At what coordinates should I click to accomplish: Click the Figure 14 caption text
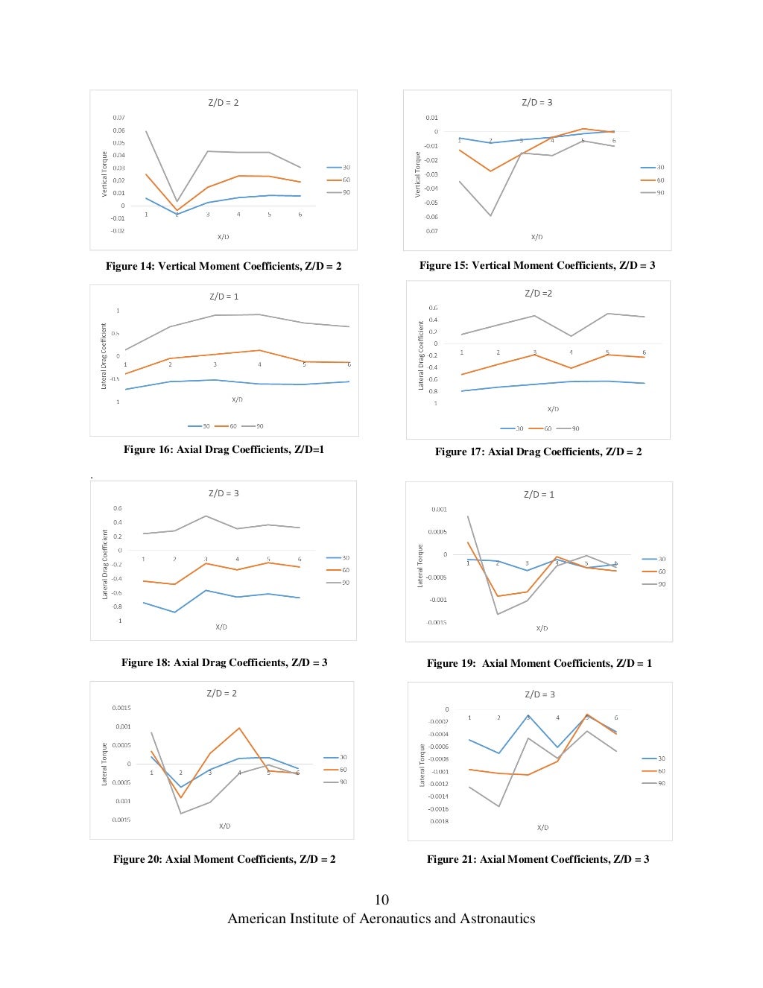coord(224,266)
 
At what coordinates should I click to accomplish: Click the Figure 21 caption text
coord(537,859)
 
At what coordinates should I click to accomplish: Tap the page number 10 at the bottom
coord(381,899)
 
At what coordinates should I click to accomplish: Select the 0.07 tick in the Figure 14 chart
coord(118,118)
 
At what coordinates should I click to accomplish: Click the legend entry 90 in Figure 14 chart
coord(346,192)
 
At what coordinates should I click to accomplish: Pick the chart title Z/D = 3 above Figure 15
coord(536,102)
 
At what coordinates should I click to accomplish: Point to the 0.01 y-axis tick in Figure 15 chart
coord(432,118)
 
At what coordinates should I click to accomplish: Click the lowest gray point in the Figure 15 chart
coord(491,216)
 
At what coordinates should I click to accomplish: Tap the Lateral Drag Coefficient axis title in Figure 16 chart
coord(104,355)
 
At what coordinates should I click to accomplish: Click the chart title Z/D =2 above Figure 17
coord(538,293)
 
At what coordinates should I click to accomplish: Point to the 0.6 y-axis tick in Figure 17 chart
coord(433,308)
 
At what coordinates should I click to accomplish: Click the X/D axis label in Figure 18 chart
coord(221,627)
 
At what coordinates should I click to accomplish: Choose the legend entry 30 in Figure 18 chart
coord(345,557)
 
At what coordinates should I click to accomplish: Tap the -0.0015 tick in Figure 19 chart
coord(437,622)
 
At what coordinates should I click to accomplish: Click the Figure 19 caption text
coord(539,663)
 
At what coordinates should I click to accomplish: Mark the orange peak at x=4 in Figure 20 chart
coord(239,728)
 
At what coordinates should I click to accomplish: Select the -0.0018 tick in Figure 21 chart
coord(439,822)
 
